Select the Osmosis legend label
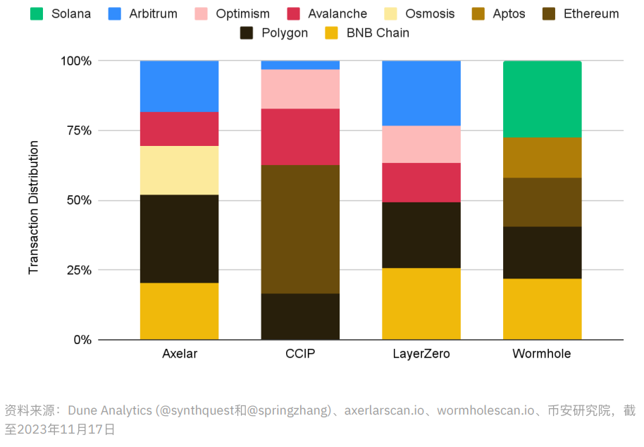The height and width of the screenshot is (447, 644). (430, 13)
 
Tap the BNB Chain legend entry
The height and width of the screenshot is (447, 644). (378, 32)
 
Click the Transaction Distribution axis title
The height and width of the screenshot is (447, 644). (34, 207)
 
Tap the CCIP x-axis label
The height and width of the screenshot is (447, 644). (300, 354)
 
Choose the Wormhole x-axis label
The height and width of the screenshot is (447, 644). (542, 354)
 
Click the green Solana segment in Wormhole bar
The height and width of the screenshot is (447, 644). (542, 99)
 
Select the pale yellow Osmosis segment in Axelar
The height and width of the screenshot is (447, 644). (179, 170)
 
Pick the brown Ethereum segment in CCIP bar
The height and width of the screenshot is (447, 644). (300, 229)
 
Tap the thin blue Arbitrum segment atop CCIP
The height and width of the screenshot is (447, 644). (300, 65)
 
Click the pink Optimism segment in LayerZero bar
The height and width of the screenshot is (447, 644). (421, 144)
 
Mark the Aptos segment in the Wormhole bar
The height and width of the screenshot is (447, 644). (542, 157)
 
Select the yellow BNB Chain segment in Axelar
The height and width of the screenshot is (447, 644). (179, 311)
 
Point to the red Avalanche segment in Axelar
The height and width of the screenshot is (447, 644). (179, 129)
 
